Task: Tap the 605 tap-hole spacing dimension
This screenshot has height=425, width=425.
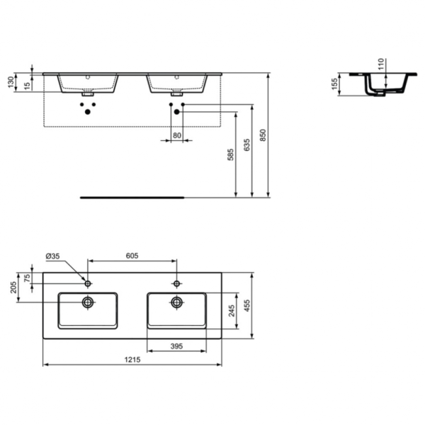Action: [131, 256]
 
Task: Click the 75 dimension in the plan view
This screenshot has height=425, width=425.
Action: [28, 277]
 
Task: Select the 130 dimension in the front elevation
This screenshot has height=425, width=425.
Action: [10, 81]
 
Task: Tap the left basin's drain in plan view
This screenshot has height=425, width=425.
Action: [88, 302]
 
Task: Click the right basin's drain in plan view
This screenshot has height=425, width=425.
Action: [176, 302]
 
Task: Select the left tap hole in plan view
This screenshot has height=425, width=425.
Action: [88, 283]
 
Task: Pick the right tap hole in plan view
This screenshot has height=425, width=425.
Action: [176, 283]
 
